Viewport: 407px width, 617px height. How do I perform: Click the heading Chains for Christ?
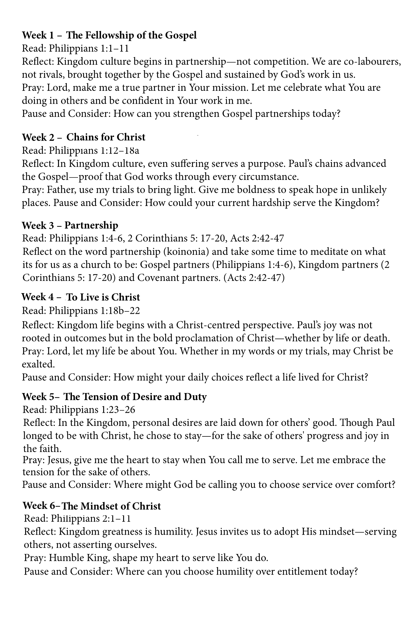[x=106, y=137]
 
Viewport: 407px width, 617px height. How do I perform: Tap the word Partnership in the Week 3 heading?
[x=91, y=225]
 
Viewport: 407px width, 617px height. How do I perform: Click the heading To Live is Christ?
[x=103, y=297]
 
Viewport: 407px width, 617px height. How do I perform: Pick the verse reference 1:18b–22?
[x=120, y=311]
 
